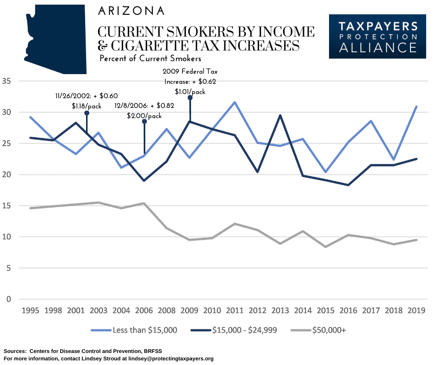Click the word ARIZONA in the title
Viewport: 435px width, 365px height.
(x=131, y=11)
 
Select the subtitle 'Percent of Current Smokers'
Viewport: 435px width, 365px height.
(x=150, y=59)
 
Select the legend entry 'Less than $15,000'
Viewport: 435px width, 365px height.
(x=144, y=330)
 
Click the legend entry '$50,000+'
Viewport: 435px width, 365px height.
(x=329, y=330)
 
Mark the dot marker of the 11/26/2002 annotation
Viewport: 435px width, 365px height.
(x=87, y=113)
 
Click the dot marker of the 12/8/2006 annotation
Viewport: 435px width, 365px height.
(x=144, y=121)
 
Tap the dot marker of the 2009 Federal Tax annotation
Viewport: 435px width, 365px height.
(x=190, y=98)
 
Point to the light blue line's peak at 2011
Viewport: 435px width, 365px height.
(x=235, y=102)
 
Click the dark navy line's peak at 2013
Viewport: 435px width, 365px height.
(x=280, y=115)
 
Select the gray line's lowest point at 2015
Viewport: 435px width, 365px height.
(x=326, y=247)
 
